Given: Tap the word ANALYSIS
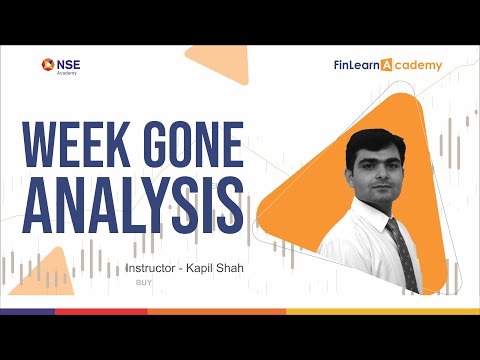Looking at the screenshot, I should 132,204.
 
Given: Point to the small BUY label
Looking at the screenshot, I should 142,283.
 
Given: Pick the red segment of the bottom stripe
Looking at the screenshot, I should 100,312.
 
